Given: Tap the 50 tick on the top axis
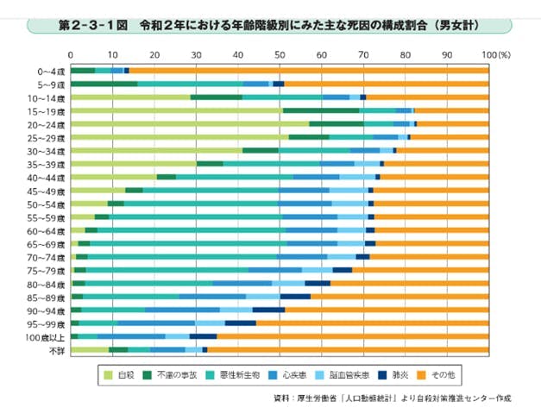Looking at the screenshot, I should [280, 54].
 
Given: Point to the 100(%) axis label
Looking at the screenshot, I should [495, 54].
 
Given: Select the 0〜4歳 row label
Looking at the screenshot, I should [49, 70].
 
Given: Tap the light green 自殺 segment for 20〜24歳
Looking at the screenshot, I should [190, 124].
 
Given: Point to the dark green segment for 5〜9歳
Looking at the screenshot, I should [104, 84].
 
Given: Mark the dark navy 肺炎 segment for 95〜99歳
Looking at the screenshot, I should [241, 323].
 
